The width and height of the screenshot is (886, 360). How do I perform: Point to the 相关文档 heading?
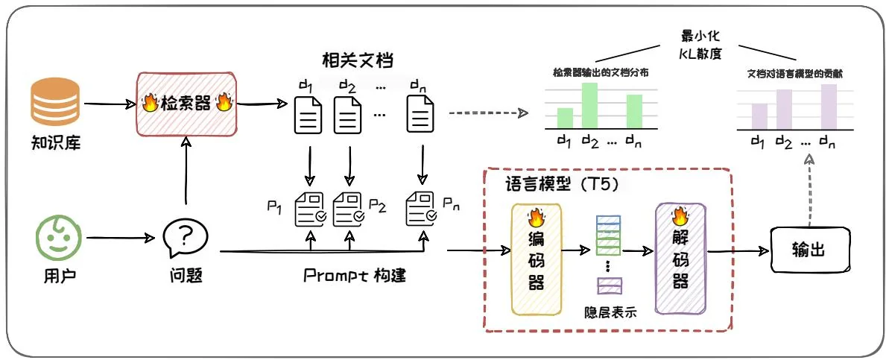click(356, 60)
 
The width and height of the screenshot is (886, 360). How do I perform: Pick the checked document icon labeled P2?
click(348, 209)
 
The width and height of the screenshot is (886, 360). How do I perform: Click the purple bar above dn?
click(829, 106)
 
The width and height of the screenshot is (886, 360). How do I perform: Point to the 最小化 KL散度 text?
click(703, 44)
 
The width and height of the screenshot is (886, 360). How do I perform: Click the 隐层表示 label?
click(610, 312)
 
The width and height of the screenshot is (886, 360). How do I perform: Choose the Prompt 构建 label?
click(355, 276)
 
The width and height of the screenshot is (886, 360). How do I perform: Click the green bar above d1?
click(566, 118)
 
